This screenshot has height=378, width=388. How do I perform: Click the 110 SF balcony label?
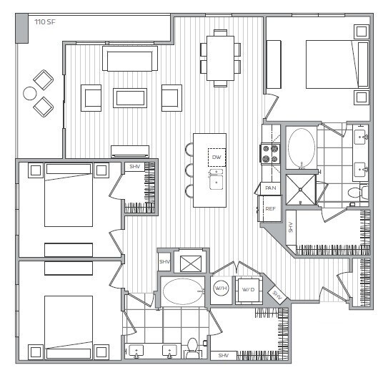[x=45, y=22]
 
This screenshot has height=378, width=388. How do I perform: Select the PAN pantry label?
[x=270, y=188]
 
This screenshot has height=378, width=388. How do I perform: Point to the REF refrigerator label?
[x=270, y=209]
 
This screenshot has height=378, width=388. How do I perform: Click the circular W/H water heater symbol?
[x=221, y=289]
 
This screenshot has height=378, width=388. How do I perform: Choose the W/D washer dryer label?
[x=248, y=289]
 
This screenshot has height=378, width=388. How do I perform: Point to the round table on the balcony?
[x=30, y=93]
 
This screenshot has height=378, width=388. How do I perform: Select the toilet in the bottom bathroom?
[x=191, y=349]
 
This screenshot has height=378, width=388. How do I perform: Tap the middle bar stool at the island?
[x=190, y=171]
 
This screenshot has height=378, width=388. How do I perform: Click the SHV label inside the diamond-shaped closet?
[x=277, y=295]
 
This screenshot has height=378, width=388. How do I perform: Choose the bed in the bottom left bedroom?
[x=68, y=319]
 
